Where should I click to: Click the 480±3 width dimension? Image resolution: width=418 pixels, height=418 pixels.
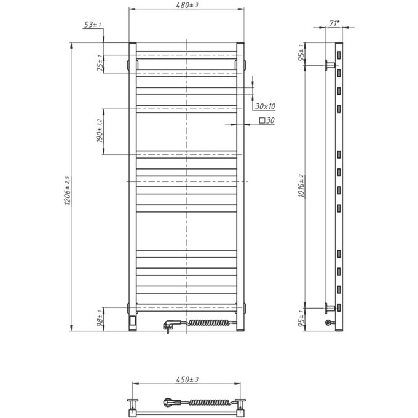(186, 6)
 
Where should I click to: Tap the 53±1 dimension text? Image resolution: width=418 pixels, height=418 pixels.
(92, 25)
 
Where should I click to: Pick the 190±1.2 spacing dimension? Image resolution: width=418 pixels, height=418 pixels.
(98, 132)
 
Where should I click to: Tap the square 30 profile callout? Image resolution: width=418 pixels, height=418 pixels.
(266, 121)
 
